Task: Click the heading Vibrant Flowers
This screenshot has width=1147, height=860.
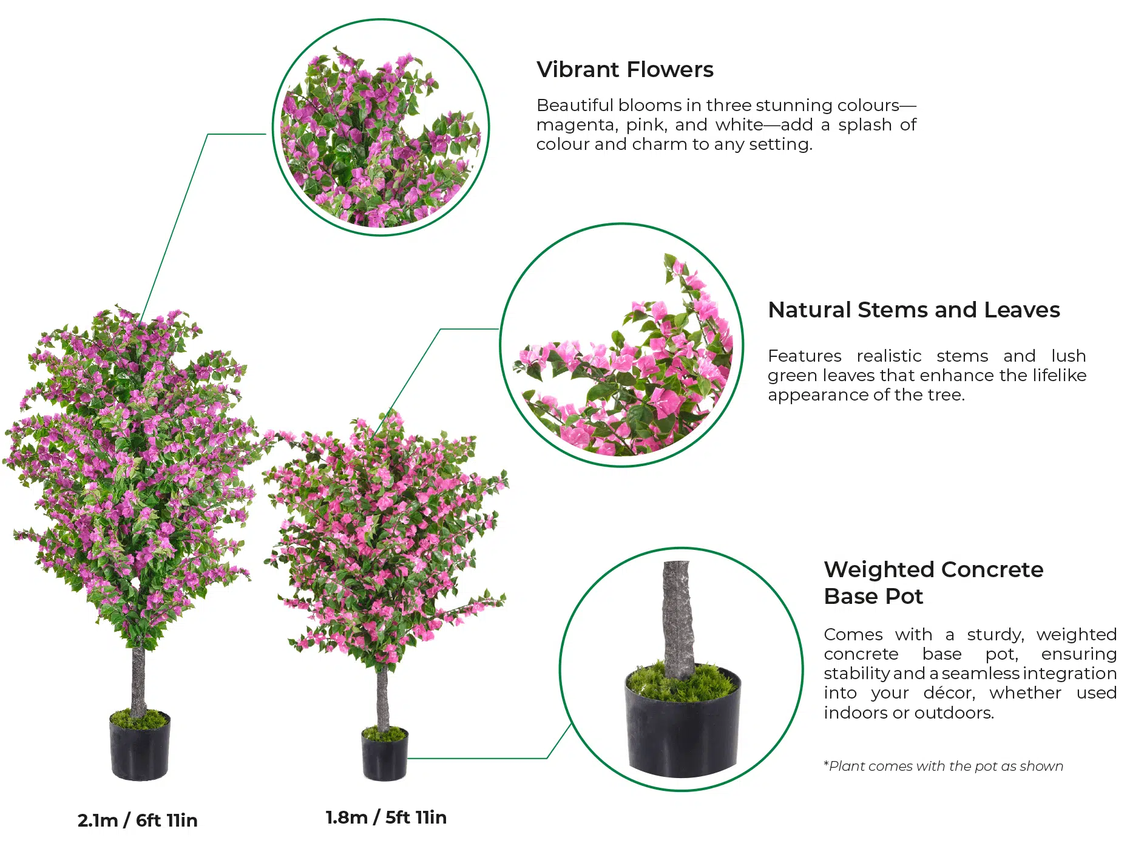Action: (x=624, y=70)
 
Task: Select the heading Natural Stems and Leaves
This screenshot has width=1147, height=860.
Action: (x=913, y=310)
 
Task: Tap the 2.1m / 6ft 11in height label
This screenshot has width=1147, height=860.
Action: (x=138, y=821)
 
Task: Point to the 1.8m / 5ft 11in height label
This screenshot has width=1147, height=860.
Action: (x=386, y=818)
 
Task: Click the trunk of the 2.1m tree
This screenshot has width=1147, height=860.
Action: (x=138, y=680)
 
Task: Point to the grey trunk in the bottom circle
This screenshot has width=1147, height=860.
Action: (x=678, y=619)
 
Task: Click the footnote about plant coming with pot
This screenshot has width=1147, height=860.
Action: (x=943, y=767)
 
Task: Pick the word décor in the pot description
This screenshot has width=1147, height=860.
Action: (x=949, y=693)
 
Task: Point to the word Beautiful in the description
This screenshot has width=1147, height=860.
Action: (x=575, y=106)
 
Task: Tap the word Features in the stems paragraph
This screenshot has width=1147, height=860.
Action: (x=805, y=356)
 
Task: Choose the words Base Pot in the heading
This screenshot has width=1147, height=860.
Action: (x=873, y=597)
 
